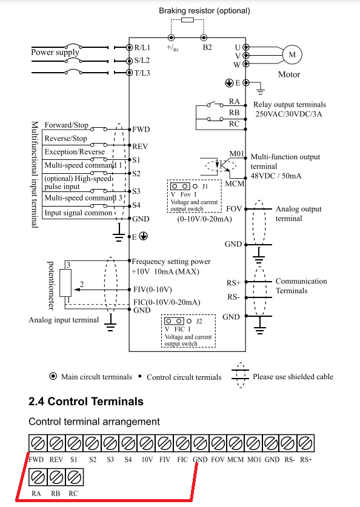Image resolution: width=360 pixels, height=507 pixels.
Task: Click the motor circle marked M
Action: tap(292, 55)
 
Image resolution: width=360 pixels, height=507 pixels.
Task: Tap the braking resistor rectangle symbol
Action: tap(187, 20)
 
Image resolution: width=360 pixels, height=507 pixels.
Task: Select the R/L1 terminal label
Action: tap(142, 47)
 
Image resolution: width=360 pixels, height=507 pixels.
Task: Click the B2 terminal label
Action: tap(207, 47)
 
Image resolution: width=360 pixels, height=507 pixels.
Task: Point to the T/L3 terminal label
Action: tap(142, 73)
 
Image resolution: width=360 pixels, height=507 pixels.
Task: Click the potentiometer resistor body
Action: tap(65, 282)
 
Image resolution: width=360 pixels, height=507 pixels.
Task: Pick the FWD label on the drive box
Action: tap(141, 130)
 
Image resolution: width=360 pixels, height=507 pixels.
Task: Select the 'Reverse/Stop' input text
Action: tap(65, 138)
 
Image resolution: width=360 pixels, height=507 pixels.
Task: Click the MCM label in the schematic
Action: tap(235, 184)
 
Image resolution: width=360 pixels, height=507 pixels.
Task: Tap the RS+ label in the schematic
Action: tap(233, 283)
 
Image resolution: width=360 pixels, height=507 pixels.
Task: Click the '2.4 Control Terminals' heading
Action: tap(86, 401)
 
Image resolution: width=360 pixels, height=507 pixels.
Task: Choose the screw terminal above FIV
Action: tap(164, 443)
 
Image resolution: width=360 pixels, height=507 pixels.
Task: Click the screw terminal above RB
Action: tap(56, 477)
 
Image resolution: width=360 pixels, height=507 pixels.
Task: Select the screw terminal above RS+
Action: tap(305, 443)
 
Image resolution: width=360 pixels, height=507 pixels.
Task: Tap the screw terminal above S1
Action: tap(74, 443)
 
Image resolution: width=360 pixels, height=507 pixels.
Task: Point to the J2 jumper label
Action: tap(199, 321)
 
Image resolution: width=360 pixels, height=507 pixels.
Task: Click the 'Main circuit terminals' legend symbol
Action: tap(53, 376)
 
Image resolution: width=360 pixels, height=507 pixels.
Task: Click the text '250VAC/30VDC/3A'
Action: tap(288, 114)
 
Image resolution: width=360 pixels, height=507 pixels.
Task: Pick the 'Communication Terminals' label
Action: tap(301, 286)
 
